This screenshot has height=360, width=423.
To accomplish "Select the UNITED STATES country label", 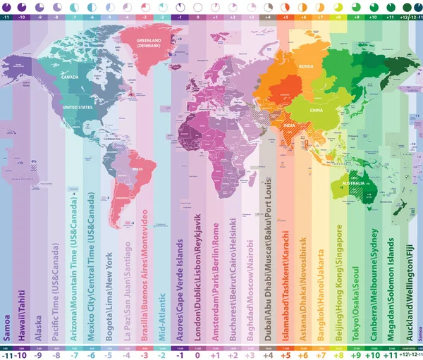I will [77, 107].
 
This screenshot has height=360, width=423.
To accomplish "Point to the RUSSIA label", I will [306, 66].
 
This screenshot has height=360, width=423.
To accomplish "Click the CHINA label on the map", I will [316, 110].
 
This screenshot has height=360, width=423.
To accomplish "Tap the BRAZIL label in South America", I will [137, 170].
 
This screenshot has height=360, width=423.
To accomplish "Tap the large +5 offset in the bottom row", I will [285, 335].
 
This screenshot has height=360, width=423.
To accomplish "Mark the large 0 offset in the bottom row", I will [197, 335].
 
